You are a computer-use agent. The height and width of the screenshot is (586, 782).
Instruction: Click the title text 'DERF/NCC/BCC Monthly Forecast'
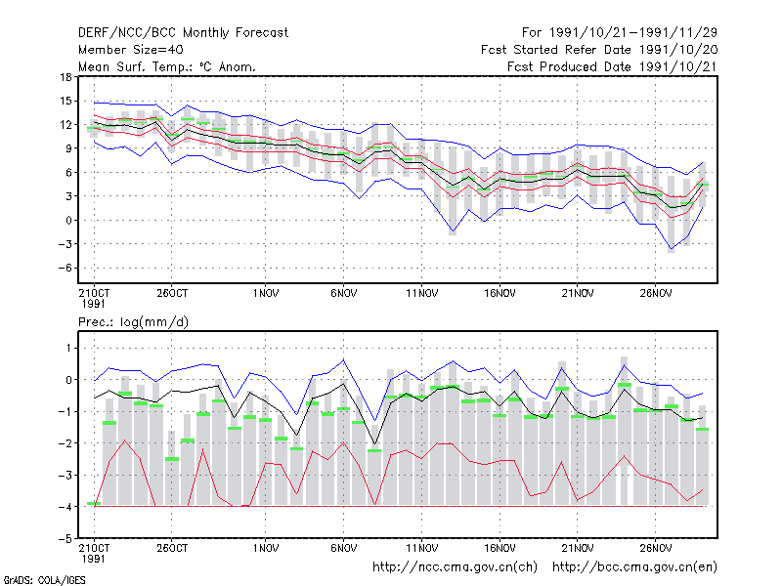point(183,33)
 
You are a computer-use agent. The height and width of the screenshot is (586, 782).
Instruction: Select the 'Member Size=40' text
point(131,50)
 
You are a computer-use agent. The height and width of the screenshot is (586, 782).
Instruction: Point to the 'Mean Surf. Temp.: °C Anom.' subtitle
point(167,66)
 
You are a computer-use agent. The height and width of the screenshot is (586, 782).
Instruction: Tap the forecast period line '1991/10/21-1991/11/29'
point(633,33)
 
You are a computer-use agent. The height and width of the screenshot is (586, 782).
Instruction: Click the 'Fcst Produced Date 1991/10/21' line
point(613,66)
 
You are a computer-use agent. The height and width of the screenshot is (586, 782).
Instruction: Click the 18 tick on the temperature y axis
point(65,77)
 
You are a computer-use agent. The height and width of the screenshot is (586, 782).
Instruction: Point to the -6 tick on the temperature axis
point(65,268)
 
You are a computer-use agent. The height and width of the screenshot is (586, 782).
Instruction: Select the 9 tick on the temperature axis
point(68,148)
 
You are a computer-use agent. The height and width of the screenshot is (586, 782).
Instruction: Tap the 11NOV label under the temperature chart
point(422,294)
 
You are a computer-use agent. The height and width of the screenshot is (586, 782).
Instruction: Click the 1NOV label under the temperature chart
point(265,294)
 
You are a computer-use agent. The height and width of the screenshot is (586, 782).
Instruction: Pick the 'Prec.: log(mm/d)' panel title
point(133,322)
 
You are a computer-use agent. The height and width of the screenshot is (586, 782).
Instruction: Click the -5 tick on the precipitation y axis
point(65,539)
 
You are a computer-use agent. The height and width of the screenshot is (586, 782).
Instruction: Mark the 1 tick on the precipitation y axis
point(69,349)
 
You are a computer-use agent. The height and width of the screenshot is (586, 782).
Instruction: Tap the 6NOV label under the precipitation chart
point(344,549)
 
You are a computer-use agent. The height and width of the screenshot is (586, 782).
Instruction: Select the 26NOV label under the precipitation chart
point(656,549)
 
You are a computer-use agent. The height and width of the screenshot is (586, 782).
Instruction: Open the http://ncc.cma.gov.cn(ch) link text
point(456,567)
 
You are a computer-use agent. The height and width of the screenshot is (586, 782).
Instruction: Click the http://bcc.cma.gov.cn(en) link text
point(634,567)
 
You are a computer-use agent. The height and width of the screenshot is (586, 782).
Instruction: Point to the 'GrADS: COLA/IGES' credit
point(44,580)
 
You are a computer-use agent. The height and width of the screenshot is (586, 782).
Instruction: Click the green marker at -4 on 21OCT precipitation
point(94,504)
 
